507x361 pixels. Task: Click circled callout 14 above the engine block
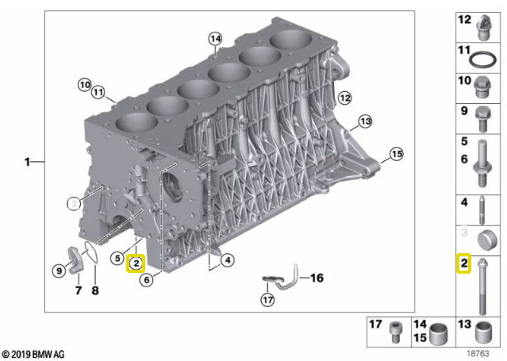click(215, 39)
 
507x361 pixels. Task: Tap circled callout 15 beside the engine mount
click(397, 154)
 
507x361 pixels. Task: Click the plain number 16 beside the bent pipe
click(317, 278)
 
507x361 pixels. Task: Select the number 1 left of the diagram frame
click(28, 162)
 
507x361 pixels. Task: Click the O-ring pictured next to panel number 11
click(482, 60)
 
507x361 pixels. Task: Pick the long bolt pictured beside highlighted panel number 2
click(482, 286)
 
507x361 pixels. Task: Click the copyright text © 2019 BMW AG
click(33, 354)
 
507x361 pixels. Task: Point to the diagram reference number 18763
click(478, 353)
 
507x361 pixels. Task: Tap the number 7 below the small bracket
click(79, 290)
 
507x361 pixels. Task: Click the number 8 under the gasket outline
click(95, 290)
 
